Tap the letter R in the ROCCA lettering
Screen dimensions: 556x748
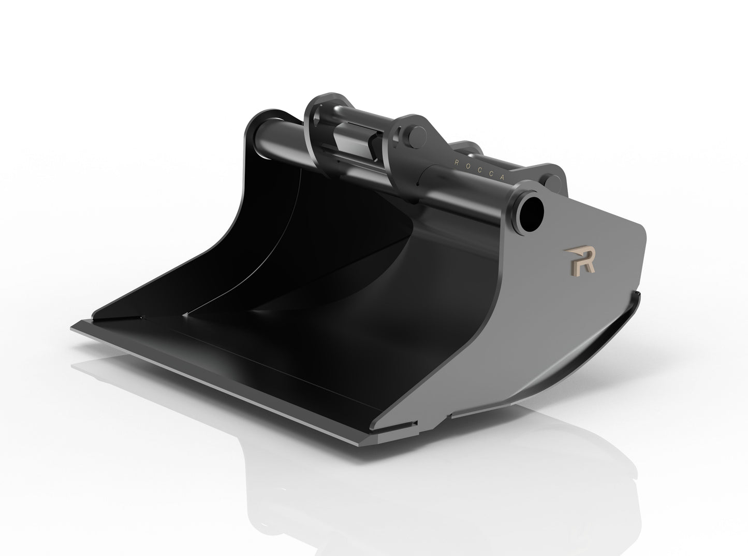point(456,162)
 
